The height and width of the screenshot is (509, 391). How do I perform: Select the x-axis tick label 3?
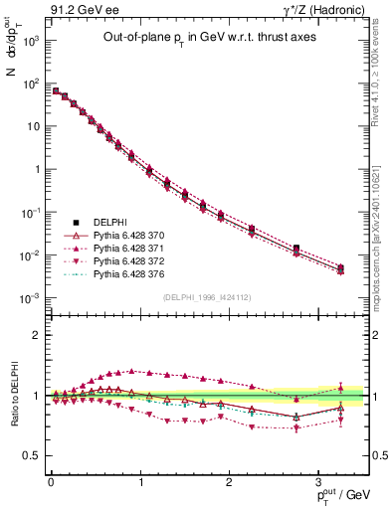click(x=319, y=481)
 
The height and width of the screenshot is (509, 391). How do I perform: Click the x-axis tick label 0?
click(x=51, y=481)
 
